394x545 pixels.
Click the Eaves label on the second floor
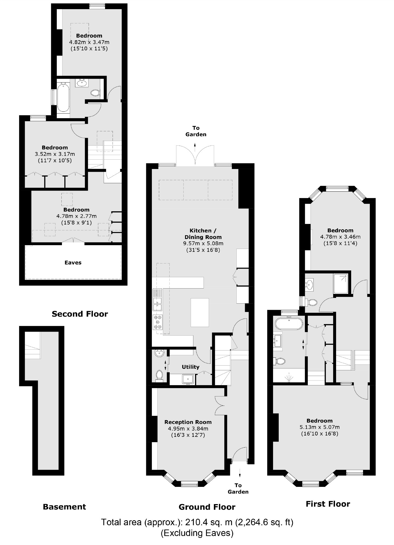tap(73, 263)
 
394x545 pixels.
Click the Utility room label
tap(190, 367)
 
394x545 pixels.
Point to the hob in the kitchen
tap(158, 322)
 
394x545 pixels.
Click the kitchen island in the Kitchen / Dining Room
tap(200, 312)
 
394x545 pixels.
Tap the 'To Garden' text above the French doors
tap(196, 131)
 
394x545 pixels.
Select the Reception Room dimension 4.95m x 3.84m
tap(188, 428)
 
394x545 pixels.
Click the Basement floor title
tap(64, 507)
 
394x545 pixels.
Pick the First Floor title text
tap(328, 504)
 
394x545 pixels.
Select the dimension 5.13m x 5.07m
tap(319, 427)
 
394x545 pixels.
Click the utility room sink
tap(188, 379)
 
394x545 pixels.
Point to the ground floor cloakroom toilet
tap(159, 375)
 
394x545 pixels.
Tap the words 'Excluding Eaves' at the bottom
tap(197, 533)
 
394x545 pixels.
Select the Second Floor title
tap(80, 314)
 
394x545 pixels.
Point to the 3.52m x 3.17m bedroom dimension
tap(55, 154)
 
